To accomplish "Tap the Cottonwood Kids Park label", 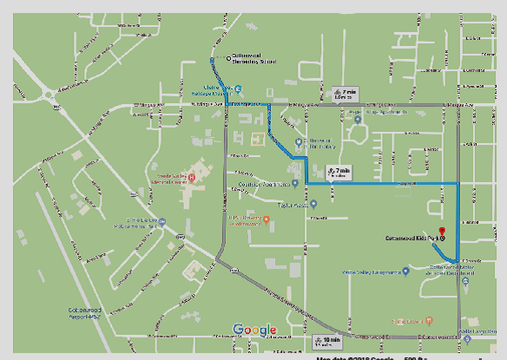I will [412, 237].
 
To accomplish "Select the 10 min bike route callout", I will [329, 339].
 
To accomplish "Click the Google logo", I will [254, 330].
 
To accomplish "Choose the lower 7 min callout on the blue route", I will [339, 170].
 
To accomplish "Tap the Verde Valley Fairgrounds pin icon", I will [406, 271].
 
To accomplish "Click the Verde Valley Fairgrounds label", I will [375, 271].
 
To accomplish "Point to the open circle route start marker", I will [228, 58].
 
